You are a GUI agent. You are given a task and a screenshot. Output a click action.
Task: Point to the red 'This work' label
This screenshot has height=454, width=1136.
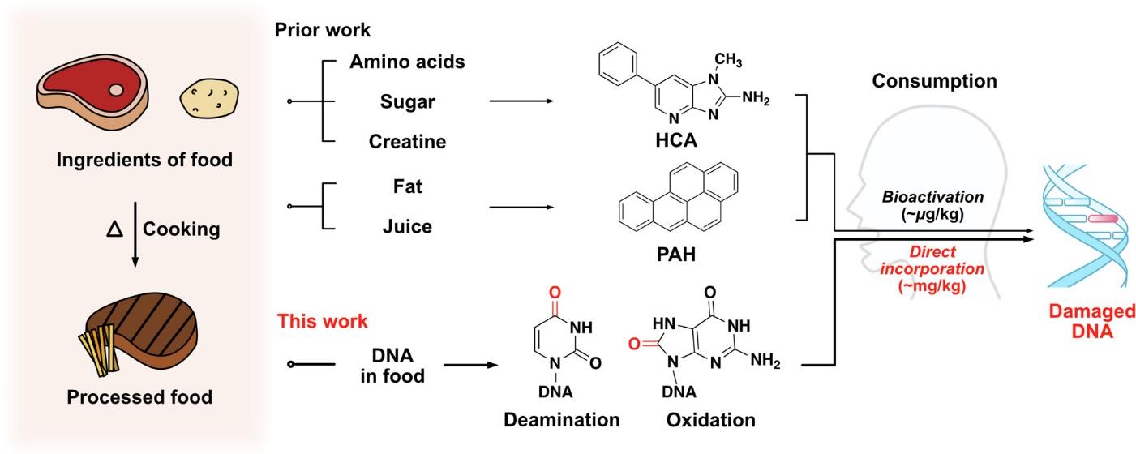point(323,321)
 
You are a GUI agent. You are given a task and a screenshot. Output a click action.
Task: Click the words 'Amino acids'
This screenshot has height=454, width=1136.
point(407,62)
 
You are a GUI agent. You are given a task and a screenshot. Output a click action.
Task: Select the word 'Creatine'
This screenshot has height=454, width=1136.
point(407,141)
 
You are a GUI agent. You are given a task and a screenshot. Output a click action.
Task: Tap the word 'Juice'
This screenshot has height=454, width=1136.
point(407,227)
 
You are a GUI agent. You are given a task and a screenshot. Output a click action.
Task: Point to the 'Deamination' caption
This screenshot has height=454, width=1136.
point(562,420)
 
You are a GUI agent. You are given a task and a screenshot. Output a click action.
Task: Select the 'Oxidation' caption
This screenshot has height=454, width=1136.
point(710,420)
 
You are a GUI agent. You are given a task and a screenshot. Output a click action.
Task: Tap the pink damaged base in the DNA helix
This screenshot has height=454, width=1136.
point(1102,218)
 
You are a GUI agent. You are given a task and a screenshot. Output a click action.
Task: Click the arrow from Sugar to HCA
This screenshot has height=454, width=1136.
point(520,101)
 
